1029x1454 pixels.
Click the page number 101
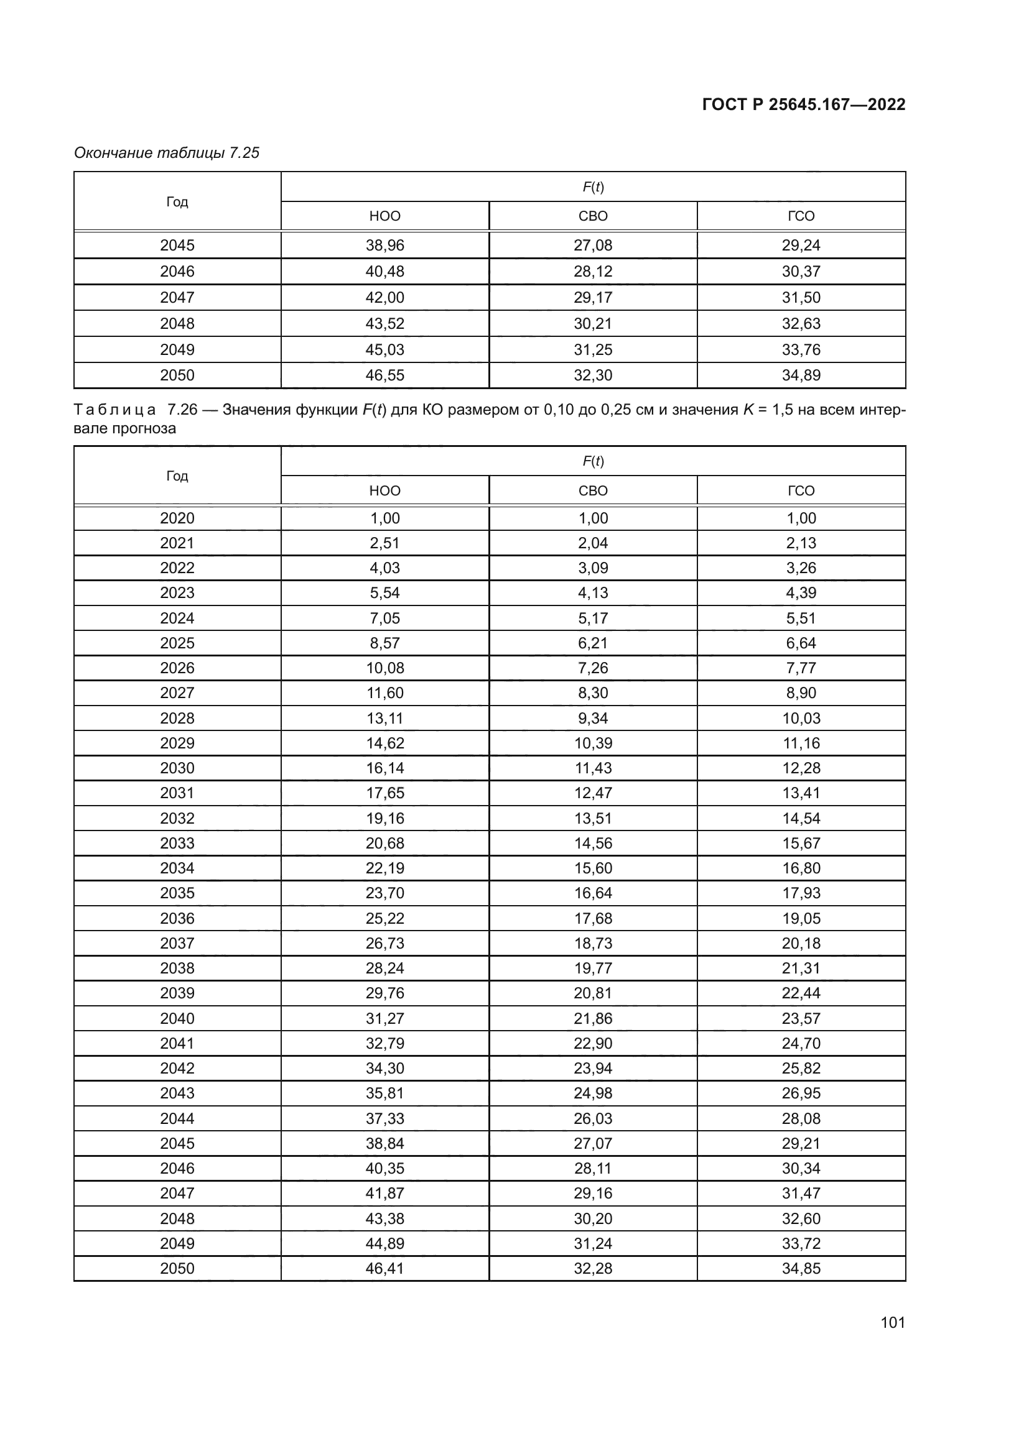(892, 1322)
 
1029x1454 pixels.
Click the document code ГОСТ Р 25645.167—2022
(803, 104)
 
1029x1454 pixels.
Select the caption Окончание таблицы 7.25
(167, 153)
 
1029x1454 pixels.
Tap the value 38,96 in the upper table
(384, 245)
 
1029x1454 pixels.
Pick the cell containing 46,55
(384, 375)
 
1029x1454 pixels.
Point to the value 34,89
(801, 375)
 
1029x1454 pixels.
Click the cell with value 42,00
(384, 297)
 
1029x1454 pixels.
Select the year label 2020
(177, 518)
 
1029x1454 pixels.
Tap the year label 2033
(177, 843)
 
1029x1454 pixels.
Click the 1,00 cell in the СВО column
(592, 518)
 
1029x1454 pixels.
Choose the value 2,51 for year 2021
(384, 543)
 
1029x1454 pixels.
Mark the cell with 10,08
(384, 668)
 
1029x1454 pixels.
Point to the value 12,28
(801, 768)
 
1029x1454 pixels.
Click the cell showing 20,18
(801, 943)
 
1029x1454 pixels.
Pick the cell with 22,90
(592, 1043)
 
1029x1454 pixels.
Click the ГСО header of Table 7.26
(801, 491)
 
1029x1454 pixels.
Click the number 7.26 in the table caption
(182, 410)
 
